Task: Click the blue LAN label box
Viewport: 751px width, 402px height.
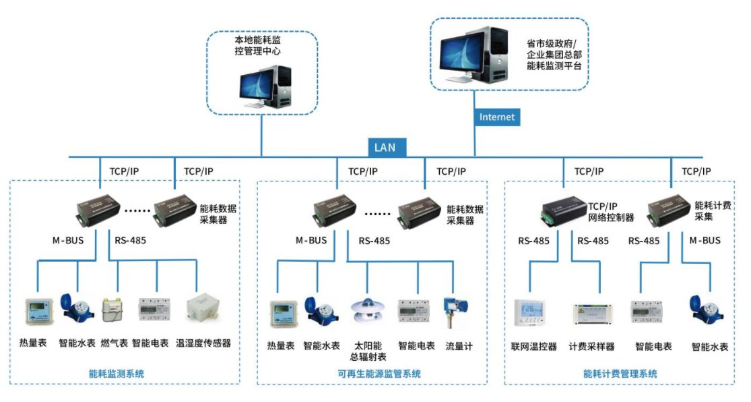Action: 385,147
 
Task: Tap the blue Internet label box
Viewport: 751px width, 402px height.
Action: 496,117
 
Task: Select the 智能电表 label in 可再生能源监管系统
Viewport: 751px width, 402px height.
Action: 416,346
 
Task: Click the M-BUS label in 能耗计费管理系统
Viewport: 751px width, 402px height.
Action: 705,240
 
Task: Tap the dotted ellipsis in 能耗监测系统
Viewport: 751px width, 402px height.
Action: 137,210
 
